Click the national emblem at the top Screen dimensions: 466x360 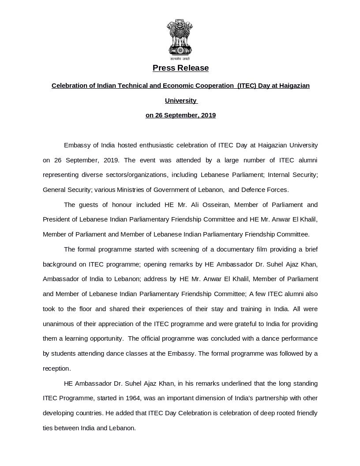point(180,37)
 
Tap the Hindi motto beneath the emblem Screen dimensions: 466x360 point(180,59)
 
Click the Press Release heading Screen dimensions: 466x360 point(180,68)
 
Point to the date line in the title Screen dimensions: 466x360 point(180,115)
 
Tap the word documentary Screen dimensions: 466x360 point(235,249)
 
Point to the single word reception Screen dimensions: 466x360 point(56,368)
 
